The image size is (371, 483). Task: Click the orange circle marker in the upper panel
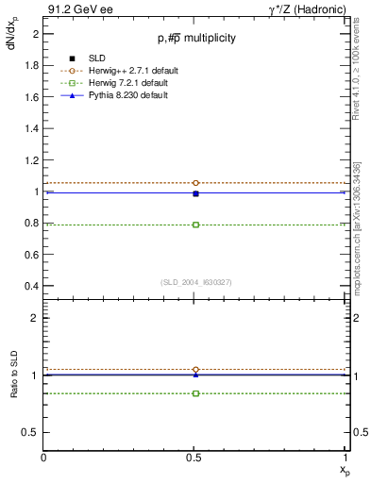pyautogui.click(x=195, y=183)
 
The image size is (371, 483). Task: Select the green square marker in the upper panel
pyautogui.click(x=195, y=225)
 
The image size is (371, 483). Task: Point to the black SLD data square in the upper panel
pyautogui.click(x=195, y=193)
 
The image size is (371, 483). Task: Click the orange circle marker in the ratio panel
pyautogui.click(x=195, y=370)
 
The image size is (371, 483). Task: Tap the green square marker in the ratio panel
pyautogui.click(x=195, y=392)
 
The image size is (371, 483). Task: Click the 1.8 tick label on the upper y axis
pyautogui.click(x=32, y=65)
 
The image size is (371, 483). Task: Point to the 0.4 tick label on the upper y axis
pyautogui.click(x=32, y=286)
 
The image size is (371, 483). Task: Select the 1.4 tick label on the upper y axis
pyautogui.click(x=32, y=128)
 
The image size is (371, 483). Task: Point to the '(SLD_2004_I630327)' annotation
pyautogui.click(x=195, y=282)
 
